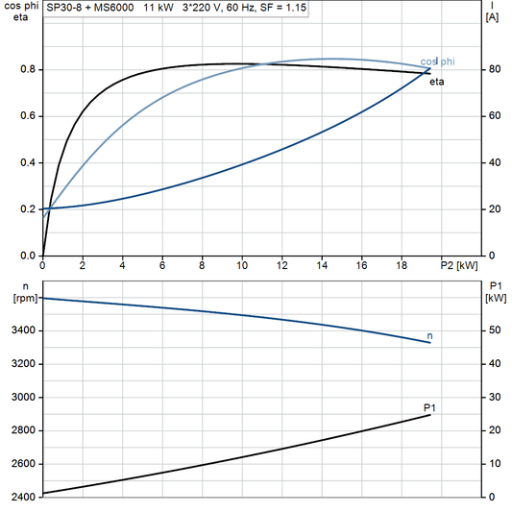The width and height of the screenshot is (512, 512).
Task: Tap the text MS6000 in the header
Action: tap(114, 7)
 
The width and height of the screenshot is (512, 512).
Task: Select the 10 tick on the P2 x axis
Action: tap(242, 264)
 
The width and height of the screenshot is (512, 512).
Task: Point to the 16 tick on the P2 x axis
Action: tap(361, 264)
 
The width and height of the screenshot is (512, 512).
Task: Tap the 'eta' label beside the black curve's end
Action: tap(436, 83)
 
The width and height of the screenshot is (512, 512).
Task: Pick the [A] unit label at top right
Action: tap(492, 17)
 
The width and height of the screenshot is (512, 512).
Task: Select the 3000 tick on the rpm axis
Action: tap(21, 397)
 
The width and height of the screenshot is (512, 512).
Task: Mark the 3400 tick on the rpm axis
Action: tap(21, 330)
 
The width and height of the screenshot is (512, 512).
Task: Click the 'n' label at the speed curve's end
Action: tap(429, 335)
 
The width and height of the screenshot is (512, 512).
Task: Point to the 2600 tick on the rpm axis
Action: tap(21, 463)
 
